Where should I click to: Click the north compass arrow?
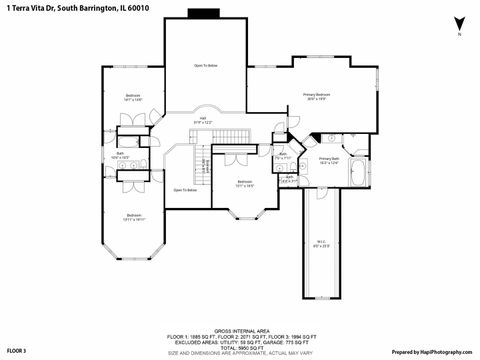point(458,24)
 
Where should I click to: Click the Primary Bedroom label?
point(317,96)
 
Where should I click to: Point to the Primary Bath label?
point(329,160)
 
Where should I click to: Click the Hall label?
point(202,119)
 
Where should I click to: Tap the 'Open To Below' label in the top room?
point(205,65)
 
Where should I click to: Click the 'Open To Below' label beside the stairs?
point(184,190)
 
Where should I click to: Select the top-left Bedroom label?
point(133,98)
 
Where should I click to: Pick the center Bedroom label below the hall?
point(245,184)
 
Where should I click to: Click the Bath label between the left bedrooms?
point(120,155)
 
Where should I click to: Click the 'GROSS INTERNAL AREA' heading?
point(239,329)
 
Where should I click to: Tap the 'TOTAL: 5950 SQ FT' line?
point(239,347)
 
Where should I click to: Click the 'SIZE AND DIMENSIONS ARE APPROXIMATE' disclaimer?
point(239,353)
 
